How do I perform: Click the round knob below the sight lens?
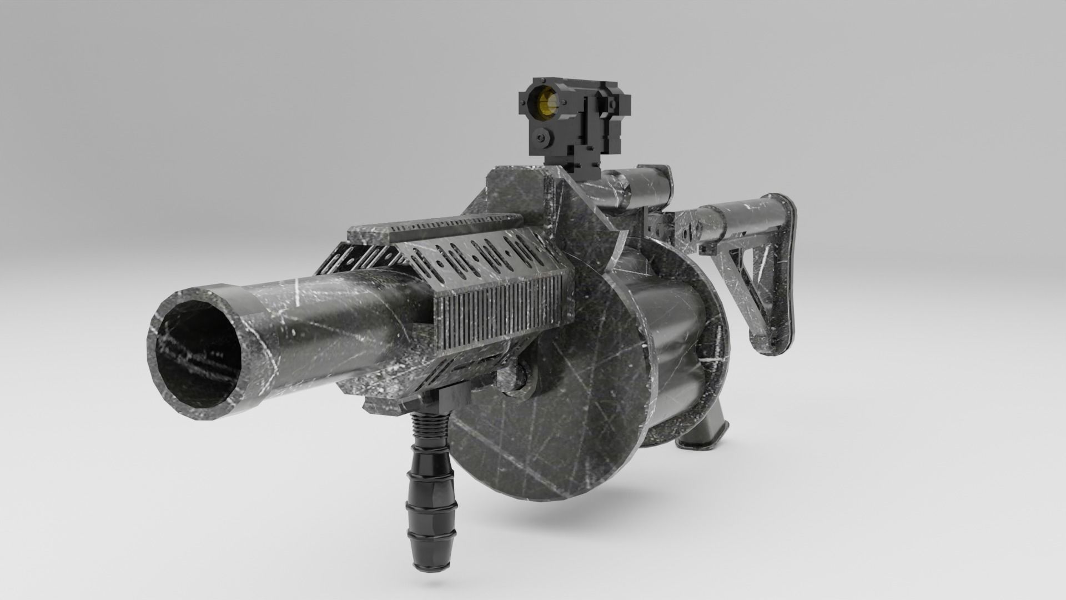[539, 137]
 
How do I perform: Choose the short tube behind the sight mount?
[647, 186]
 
